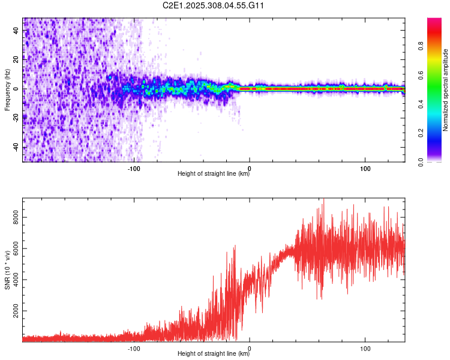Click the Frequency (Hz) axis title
(7, 90)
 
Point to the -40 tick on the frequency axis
(16, 148)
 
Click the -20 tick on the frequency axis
(16, 118)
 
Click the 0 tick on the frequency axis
(16, 89)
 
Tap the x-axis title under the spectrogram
(214, 175)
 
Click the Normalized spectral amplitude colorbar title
(446, 90)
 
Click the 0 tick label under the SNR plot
(250, 348)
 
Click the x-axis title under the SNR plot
(214, 355)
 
